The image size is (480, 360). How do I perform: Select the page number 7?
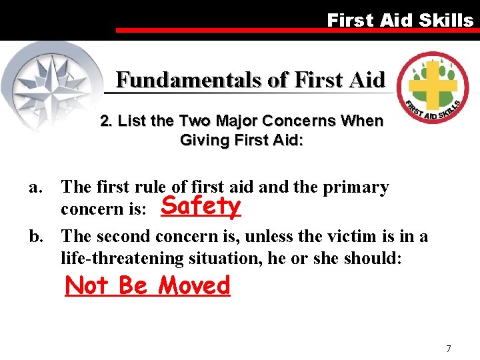[x=449, y=349]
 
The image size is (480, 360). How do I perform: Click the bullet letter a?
[x=35, y=188]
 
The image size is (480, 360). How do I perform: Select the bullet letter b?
[x=35, y=237]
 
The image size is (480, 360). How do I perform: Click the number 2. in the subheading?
[x=106, y=121]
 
